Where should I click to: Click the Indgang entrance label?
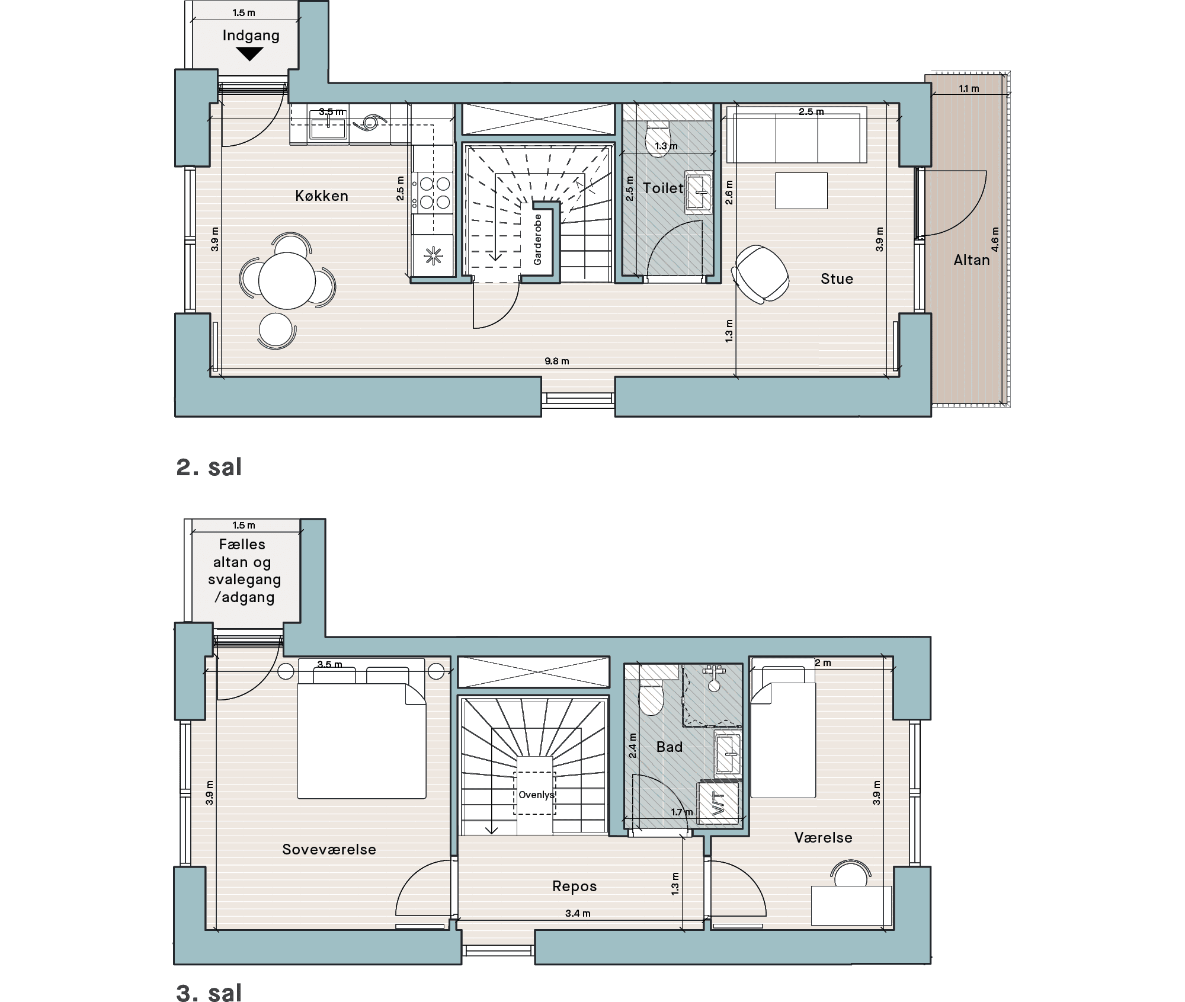[251, 36]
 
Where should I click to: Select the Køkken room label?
[322, 196]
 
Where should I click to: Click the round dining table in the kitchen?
[287, 281]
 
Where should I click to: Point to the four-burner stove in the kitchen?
[434, 193]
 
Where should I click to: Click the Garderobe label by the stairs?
[538, 239]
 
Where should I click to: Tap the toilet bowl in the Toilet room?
[657, 138]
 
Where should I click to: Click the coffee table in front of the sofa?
[801, 191]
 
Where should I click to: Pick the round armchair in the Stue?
[761, 273]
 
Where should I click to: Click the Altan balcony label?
[972, 260]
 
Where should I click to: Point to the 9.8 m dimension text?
[557, 361]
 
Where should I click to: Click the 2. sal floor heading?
[209, 467]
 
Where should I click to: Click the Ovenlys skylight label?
[536, 795]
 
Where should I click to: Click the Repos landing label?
[575, 886]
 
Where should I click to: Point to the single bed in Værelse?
[783, 732]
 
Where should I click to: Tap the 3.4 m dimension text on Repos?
[578, 913]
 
